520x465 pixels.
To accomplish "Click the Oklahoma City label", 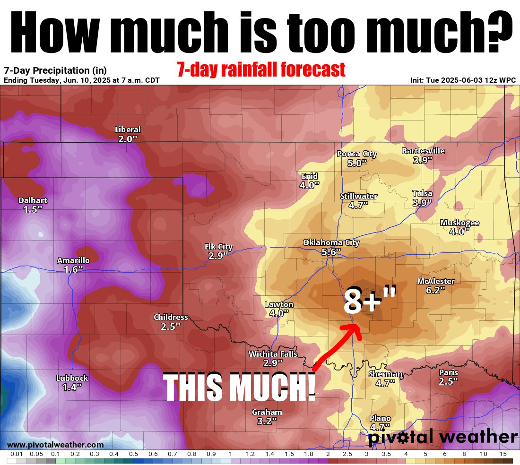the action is point(331,243).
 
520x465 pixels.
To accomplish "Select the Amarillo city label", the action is point(73,260).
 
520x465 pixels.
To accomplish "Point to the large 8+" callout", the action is point(370,302).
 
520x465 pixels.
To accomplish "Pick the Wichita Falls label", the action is point(273,354).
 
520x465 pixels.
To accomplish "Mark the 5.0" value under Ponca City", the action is point(357,163).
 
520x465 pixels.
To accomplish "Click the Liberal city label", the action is point(128,129).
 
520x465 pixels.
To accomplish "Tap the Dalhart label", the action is point(33,200).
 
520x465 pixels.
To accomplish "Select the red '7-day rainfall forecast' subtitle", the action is point(261,70).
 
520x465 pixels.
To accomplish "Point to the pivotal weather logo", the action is point(443,437).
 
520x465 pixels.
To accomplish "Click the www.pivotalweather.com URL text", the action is point(55,445).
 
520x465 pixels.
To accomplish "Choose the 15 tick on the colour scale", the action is point(503,454).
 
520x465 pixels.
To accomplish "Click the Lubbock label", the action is point(72,378).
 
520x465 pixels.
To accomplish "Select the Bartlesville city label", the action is point(423,151).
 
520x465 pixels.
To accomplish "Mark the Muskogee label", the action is point(459,223).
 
